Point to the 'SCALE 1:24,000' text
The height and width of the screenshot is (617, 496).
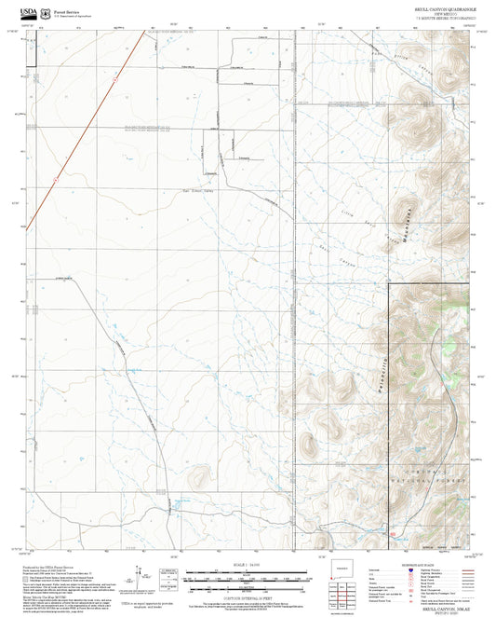(248, 565)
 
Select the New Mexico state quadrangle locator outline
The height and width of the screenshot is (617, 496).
(342, 571)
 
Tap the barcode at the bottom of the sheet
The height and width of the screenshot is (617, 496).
(343, 610)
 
